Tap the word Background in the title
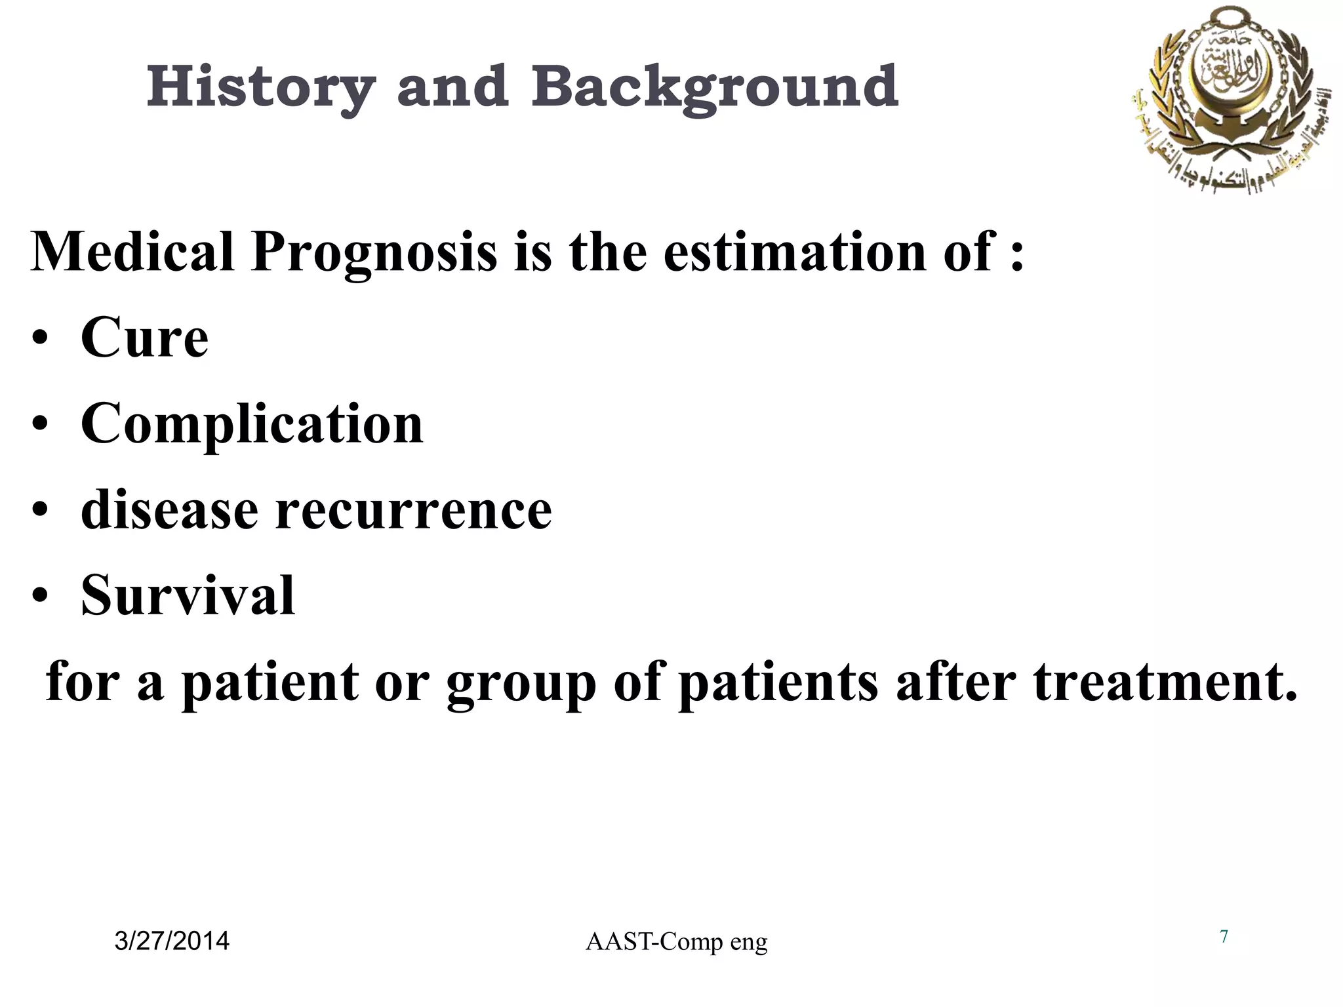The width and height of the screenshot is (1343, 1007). click(715, 88)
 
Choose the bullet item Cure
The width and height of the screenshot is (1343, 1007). click(144, 338)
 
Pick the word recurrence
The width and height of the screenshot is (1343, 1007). click(414, 511)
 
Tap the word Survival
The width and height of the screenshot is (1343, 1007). click(188, 596)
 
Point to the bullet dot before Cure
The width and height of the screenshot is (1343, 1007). click(41, 340)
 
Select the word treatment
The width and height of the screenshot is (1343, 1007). click(1165, 682)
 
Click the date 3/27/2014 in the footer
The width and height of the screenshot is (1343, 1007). click(172, 941)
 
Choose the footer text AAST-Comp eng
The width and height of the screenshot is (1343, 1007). click(676, 942)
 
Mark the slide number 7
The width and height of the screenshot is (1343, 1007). click(1224, 937)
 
